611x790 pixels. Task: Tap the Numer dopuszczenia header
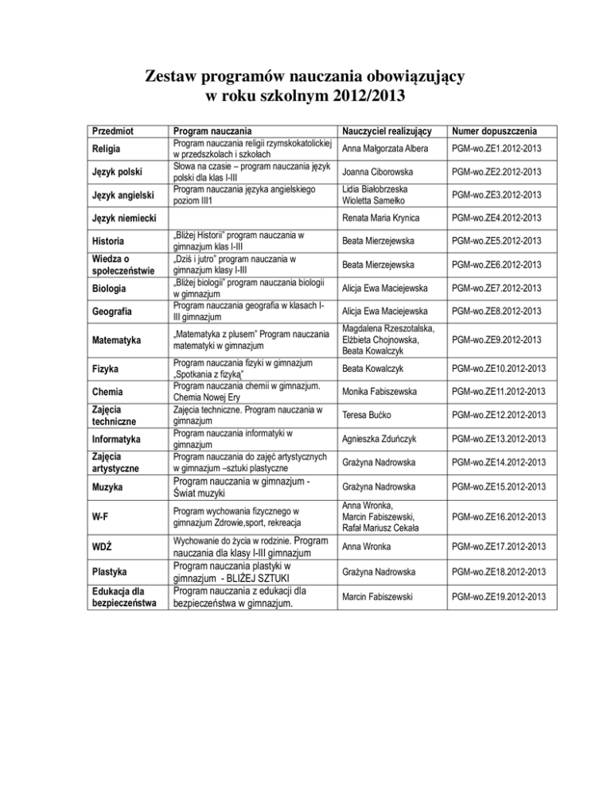[494, 130]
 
